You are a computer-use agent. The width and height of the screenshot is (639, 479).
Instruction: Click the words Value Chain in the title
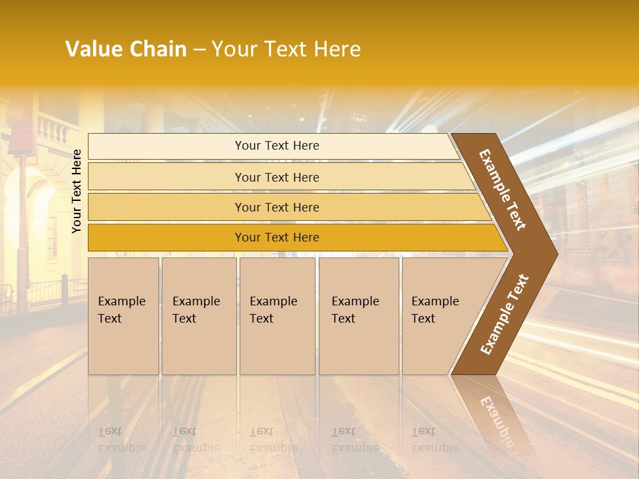coord(126,49)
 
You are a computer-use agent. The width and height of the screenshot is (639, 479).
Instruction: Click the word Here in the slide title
coord(337,49)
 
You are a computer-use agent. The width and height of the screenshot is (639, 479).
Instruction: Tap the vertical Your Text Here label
coord(77,191)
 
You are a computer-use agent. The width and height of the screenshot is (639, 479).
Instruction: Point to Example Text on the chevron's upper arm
coord(503,190)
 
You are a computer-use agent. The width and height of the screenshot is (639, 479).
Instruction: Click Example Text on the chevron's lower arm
coord(504,315)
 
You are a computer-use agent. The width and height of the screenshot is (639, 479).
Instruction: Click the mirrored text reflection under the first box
coord(122,439)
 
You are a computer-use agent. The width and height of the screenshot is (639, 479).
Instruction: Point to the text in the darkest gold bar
coord(277,238)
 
